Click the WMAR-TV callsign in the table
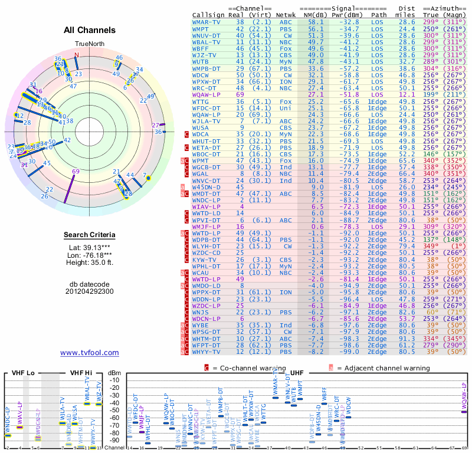pos(206,22)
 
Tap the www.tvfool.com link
pos(90,353)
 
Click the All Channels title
pos(90,30)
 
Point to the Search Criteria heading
pos(90,235)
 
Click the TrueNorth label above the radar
pos(89,45)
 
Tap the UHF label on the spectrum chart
pos(297,373)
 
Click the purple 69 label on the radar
pos(76,172)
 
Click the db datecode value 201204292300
pos(90,291)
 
